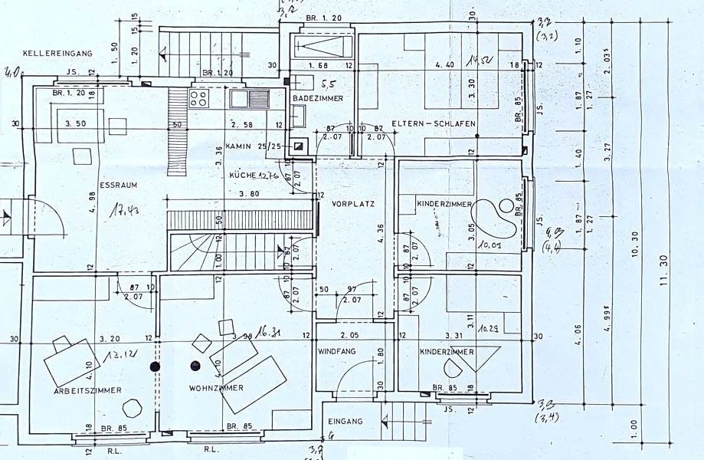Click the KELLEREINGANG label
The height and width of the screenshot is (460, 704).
[x=57, y=53]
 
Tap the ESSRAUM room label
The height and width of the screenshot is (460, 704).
[x=117, y=185]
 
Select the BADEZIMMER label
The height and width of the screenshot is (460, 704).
[x=317, y=99]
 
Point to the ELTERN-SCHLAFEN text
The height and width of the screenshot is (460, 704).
[x=433, y=123]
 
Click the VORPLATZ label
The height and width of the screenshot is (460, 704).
[x=351, y=205]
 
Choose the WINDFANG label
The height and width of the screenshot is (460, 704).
[x=337, y=351]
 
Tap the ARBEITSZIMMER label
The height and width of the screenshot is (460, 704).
[x=87, y=390]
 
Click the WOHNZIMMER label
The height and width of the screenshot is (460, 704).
[x=216, y=388]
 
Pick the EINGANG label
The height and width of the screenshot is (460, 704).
[x=345, y=422]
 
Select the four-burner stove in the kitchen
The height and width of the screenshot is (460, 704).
[x=199, y=97]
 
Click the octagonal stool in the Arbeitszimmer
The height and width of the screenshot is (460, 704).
[x=132, y=407]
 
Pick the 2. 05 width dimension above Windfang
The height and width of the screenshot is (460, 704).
[x=349, y=336]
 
